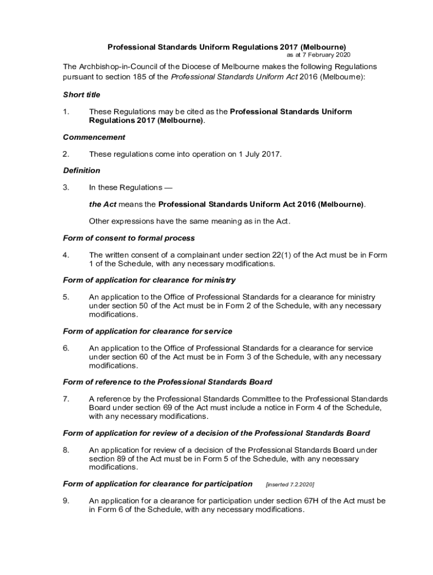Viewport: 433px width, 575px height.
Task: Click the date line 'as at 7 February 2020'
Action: [x=318, y=55]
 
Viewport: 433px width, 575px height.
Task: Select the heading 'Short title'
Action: [x=82, y=94]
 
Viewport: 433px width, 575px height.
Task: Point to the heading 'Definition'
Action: [x=82, y=170]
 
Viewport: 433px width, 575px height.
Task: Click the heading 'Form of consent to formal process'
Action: [x=129, y=238]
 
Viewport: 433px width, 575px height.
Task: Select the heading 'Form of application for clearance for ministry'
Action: [x=149, y=280]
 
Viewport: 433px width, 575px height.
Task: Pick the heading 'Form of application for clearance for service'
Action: [x=147, y=331]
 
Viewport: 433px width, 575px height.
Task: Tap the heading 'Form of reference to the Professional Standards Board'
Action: [x=168, y=382]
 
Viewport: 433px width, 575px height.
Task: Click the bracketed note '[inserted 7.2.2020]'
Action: [x=290, y=484]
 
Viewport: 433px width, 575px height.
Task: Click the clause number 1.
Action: [x=66, y=112]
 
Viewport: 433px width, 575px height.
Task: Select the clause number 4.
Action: [x=66, y=255]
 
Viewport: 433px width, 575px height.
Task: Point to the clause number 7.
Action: [x=66, y=399]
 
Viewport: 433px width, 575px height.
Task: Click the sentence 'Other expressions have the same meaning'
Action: [x=189, y=221]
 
